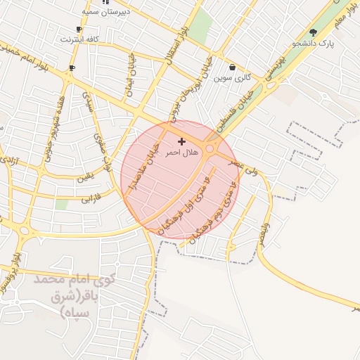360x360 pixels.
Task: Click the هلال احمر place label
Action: tap(181, 152)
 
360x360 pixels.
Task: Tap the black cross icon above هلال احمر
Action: tap(181, 142)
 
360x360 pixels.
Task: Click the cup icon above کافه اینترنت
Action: tap(79, 30)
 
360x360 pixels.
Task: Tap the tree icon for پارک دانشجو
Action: tap(313, 32)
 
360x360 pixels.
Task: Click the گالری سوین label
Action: tap(233, 77)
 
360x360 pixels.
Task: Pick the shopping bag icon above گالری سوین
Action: tap(232, 67)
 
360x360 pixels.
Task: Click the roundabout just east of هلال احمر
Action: tap(210, 148)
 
